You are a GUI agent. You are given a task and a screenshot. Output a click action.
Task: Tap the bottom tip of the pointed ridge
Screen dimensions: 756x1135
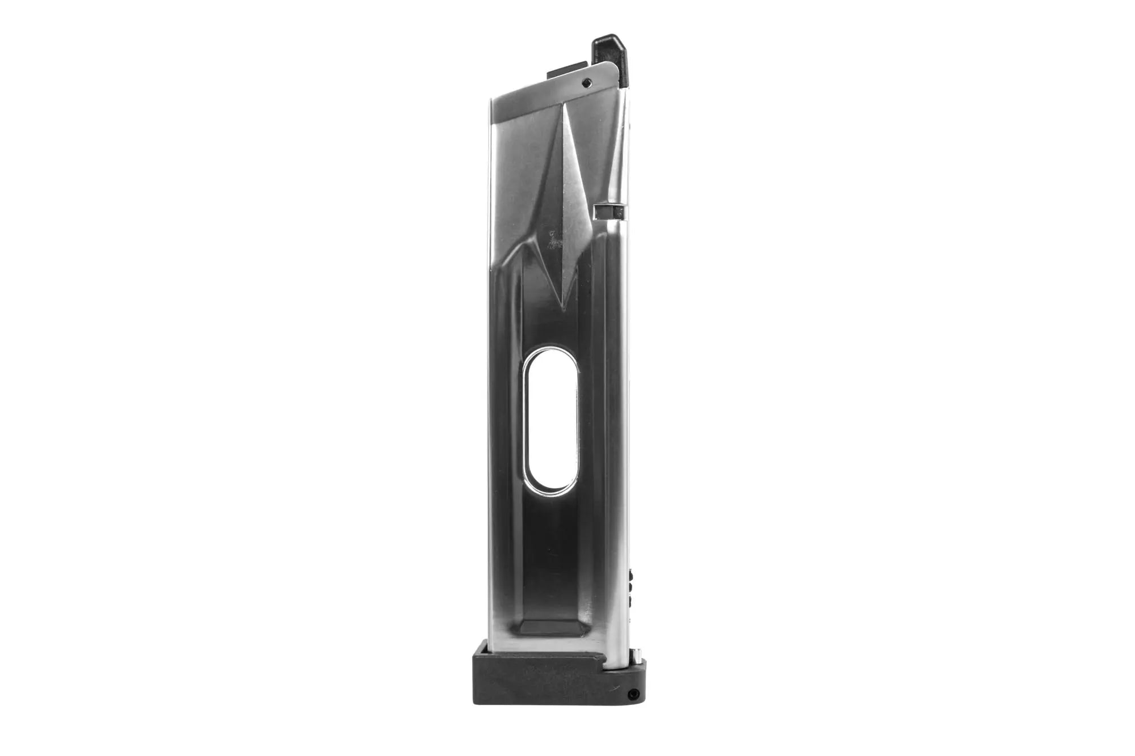click(562, 309)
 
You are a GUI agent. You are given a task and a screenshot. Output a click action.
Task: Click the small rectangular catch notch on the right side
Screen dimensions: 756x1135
click(608, 212)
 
